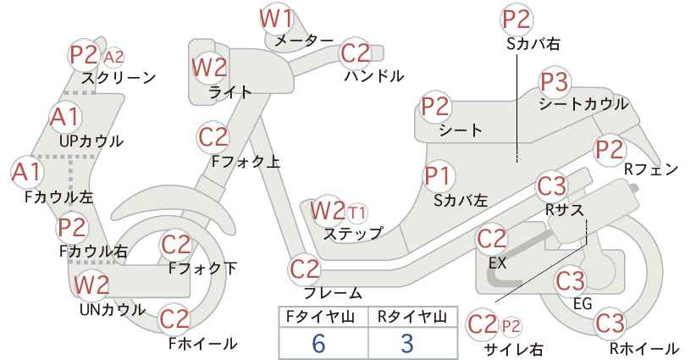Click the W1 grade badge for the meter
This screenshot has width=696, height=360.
(276, 19)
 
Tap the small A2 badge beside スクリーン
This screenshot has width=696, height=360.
(113, 58)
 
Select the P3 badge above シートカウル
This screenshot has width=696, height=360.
(555, 82)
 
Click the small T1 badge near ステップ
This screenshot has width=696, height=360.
(356, 213)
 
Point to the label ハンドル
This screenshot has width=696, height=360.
(374, 76)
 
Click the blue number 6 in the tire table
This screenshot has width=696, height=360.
(318, 344)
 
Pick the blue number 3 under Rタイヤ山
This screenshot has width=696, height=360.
(407, 344)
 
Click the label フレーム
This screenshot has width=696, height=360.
(333, 292)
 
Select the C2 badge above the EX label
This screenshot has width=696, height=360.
(491, 240)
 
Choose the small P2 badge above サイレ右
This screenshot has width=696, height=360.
(511, 327)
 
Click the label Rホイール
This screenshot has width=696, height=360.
(644, 348)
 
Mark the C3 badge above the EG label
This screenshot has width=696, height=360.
(571, 282)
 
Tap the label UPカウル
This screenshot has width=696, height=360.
(91, 141)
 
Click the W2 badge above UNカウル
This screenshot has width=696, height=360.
(91, 285)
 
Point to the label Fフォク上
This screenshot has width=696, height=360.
(246, 161)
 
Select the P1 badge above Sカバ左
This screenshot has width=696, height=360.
(438, 176)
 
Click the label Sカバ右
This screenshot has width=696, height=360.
(533, 43)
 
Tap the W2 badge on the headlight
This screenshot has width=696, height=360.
(209, 68)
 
